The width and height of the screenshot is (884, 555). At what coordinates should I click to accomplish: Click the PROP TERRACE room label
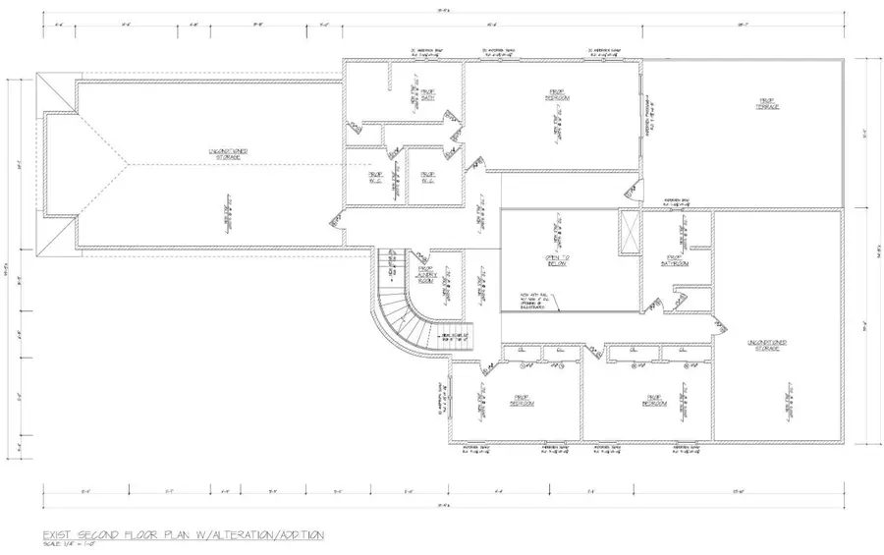[768, 103]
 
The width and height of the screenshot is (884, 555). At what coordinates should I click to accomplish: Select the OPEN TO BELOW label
[559, 260]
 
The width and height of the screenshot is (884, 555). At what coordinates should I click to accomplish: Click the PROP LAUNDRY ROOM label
[427, 274]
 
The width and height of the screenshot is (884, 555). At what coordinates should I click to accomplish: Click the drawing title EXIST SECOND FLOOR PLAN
[183, 534]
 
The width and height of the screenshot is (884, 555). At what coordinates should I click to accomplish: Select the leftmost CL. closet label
[521, 349]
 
